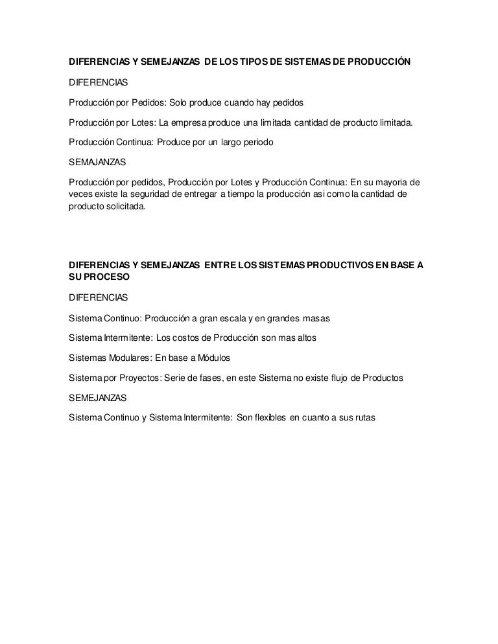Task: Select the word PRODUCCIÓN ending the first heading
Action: click(x=379, y=64)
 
